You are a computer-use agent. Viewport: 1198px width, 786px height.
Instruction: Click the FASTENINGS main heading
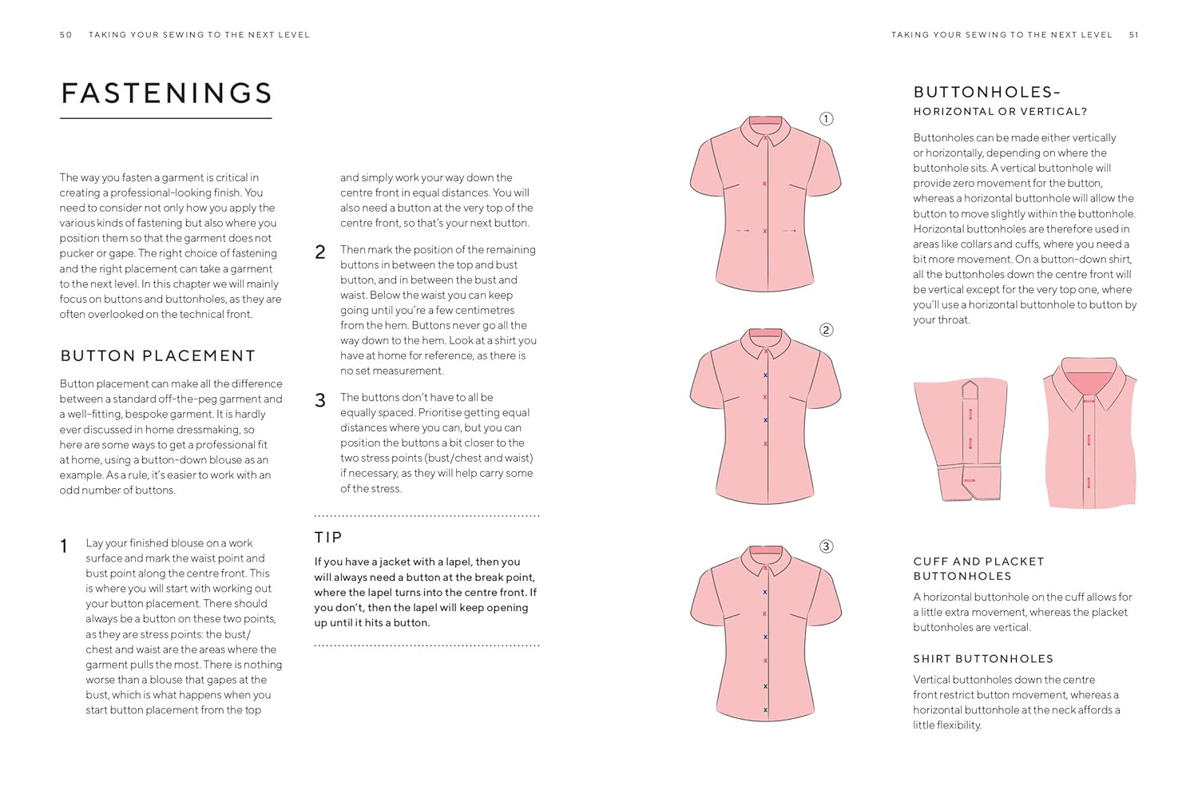click(166, 93)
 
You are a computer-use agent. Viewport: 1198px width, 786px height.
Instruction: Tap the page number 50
click(65, 35)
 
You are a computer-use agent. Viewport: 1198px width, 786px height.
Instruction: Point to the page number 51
click(1133, 35)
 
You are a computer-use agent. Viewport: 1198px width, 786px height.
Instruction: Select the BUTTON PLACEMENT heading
click(157, 356)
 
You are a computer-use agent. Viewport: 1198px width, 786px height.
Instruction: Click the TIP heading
click(327, 538)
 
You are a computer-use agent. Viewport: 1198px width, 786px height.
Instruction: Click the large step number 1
click(64, 546)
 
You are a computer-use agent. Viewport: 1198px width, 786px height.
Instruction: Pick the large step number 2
click(320, 252)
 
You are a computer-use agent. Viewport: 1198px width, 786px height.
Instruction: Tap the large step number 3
click(320, 400)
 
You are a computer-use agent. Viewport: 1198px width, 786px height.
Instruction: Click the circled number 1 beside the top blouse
click(827, 119)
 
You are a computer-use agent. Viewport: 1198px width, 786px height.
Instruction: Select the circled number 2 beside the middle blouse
click(827, 330)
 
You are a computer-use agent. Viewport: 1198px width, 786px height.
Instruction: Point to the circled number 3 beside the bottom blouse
click(827, 546)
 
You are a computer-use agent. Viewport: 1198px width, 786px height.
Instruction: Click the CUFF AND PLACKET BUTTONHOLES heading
click(978, 569)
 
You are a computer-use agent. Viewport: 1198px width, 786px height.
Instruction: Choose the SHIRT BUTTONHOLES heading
click(983, 659)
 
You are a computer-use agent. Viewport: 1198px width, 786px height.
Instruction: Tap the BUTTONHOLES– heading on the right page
click(987, 93)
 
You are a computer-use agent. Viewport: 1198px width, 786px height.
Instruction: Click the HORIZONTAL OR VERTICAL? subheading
click(1000, 112)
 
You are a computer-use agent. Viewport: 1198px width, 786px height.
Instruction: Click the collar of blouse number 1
click(765, 129)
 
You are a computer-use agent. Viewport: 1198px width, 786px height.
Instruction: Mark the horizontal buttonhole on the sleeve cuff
click(970, 480)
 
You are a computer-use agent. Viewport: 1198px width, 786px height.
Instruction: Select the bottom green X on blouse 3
click(765, 709)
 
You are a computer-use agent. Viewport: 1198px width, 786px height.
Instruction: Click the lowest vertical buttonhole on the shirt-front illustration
click(1089, 482)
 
